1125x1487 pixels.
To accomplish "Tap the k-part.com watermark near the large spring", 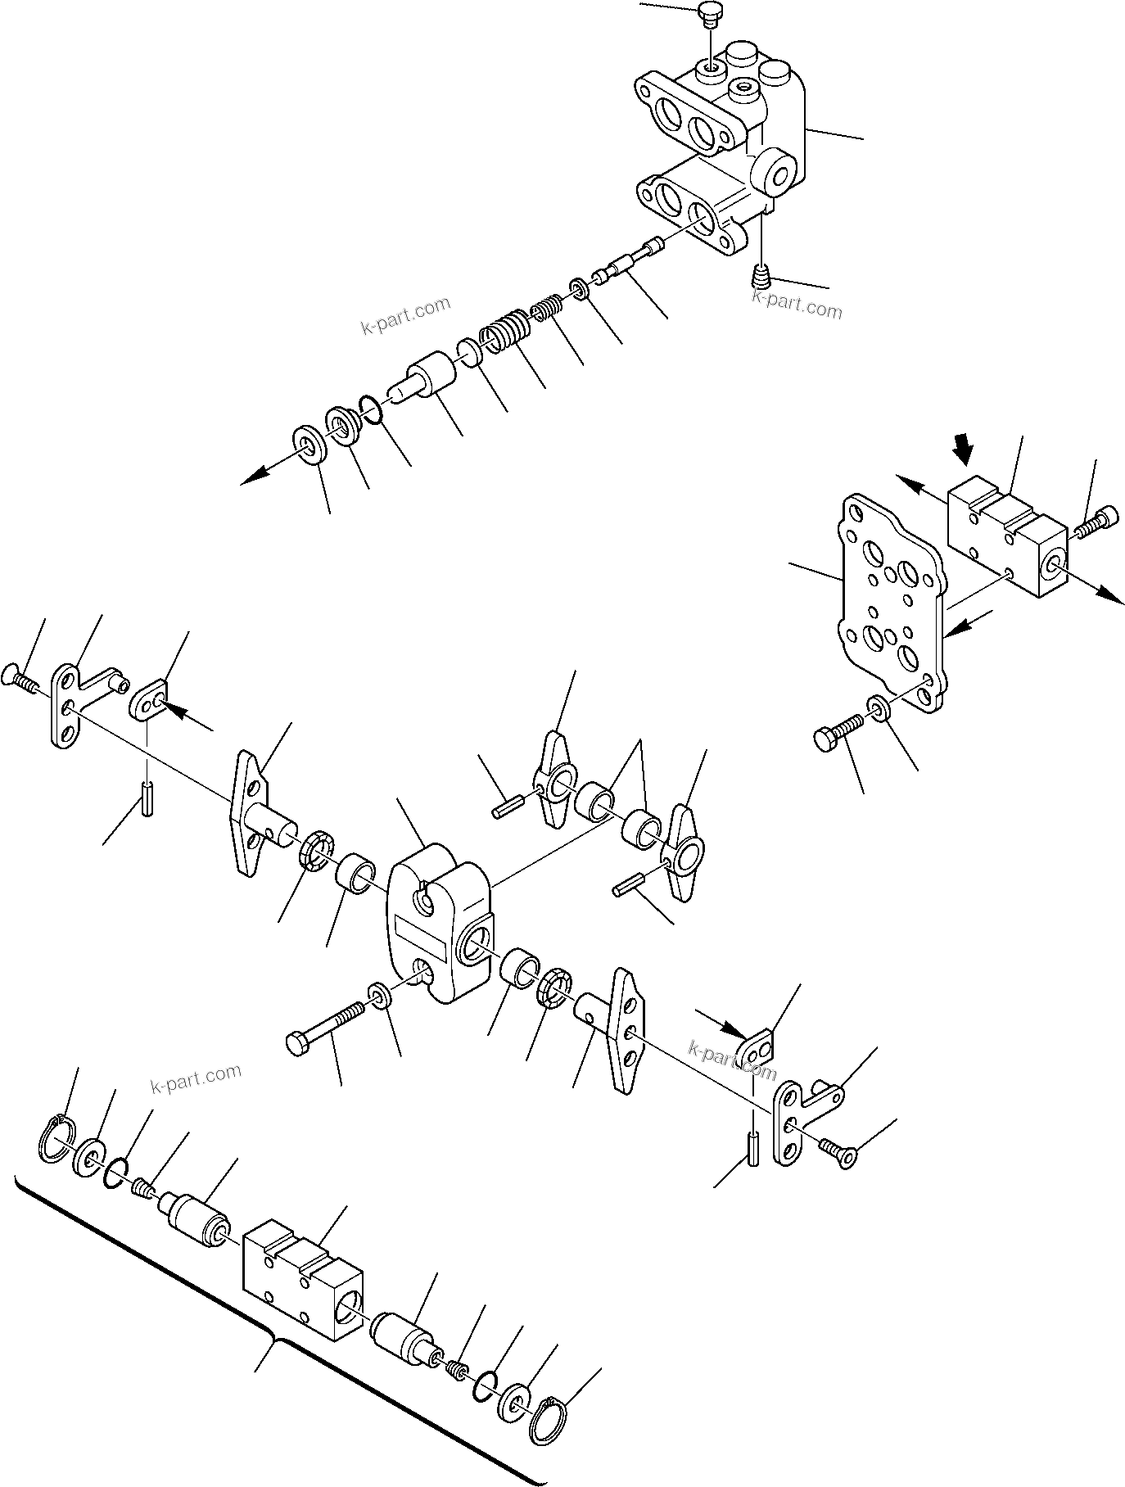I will (x=405, y=315).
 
